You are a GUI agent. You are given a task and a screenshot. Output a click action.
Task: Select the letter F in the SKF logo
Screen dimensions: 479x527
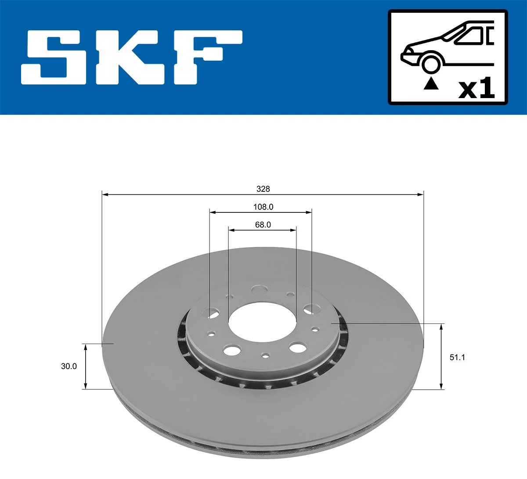point(206,57)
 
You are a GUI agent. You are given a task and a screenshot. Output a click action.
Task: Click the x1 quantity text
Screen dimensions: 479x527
point(476,89)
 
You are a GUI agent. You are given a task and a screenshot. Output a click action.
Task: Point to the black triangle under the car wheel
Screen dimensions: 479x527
point(431,84)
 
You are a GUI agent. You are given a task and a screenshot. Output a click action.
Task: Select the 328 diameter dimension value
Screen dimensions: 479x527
point(263,189)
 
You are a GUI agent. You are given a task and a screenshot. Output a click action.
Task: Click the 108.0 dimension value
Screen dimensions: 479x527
point(263,207)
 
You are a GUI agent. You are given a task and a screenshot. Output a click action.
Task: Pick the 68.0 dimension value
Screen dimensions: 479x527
point(263,225)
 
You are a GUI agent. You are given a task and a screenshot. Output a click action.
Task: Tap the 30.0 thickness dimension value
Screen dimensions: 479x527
point(69,366)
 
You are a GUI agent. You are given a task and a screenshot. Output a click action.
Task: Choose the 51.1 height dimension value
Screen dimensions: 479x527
point(457,357)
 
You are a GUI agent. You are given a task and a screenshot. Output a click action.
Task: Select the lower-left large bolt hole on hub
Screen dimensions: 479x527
point(231,351)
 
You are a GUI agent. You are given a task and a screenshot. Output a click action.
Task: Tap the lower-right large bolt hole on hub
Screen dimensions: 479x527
point(297,348)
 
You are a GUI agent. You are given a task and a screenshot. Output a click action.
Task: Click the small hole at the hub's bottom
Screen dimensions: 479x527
point(265,355)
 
